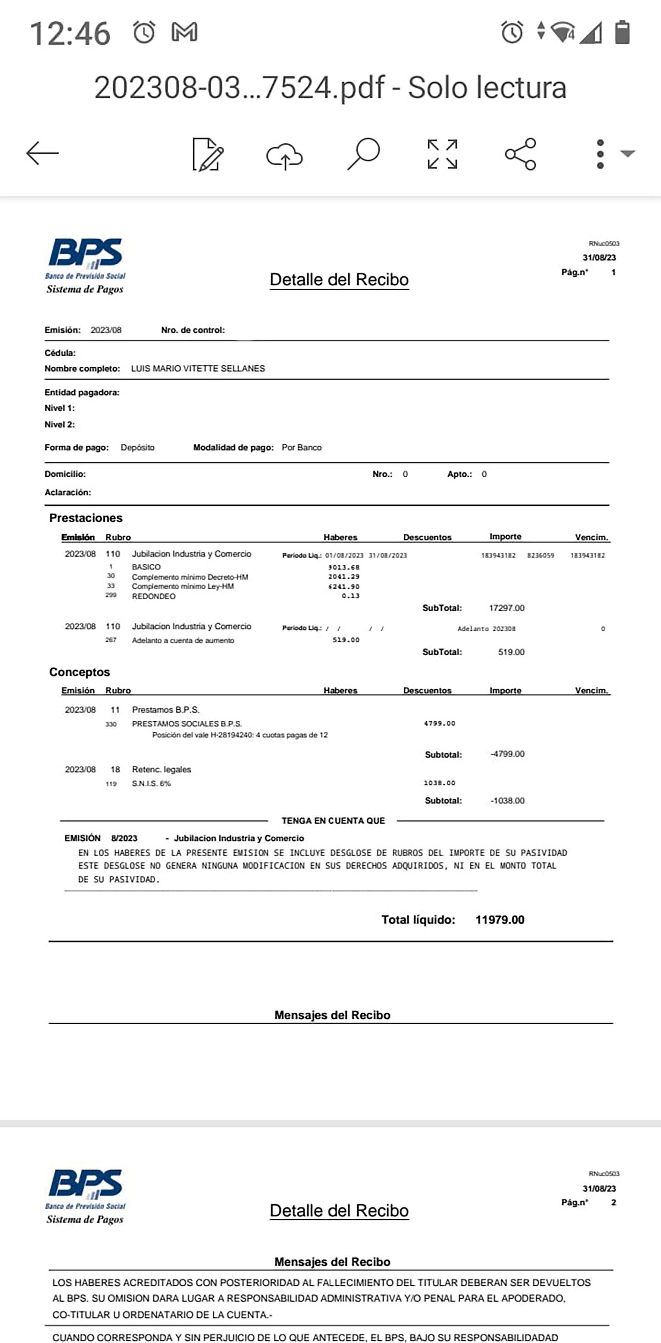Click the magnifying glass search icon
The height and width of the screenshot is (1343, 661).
coord(363,153)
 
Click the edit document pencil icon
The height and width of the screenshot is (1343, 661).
coord(208,154)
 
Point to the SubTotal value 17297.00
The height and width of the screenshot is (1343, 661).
coord(506,608)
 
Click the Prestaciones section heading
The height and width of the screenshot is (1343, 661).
coord(86,518)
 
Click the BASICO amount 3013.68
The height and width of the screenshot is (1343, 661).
coord(344,567)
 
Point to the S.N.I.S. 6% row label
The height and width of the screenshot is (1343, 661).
coord(151,784)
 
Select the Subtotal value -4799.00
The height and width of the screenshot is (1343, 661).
coord(507,754)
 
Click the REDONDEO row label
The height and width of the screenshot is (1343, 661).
coord(154,597)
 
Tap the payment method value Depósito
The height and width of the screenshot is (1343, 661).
coord(137,447)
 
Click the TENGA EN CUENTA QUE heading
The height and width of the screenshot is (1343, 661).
coord(333,820)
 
